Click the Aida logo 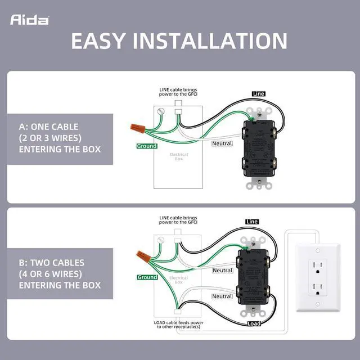[x=29, y=20]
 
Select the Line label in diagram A [x=259, y=93]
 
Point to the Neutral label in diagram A [x=222, y=143]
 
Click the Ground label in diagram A [x=147, y=146]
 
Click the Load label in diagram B [x=254, y=323]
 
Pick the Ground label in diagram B [x=147, y=277]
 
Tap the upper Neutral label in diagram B [x=222, y=271]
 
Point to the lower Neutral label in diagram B [x=222, y=296]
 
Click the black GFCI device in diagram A [x=259, y=149]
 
